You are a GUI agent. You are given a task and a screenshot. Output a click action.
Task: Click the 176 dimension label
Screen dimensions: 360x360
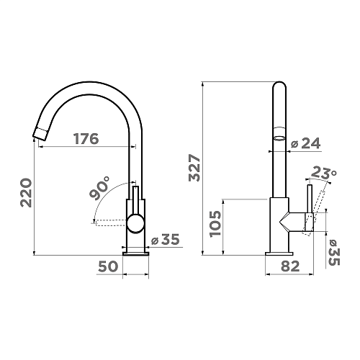(86, 139)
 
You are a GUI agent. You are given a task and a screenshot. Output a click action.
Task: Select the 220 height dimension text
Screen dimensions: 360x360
(26, 192)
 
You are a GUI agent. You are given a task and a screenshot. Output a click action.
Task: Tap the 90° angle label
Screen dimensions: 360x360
(99, 188)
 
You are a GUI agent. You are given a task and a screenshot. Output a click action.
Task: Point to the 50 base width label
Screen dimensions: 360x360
(108, 266)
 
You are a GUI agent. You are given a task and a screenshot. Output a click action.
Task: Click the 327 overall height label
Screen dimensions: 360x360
(194, 168)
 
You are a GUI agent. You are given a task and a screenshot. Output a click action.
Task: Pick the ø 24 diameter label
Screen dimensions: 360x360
(305, 143)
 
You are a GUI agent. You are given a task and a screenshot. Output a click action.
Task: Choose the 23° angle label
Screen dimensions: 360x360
(324, 173)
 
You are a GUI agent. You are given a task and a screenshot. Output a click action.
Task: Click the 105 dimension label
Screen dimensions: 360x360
(215, 224)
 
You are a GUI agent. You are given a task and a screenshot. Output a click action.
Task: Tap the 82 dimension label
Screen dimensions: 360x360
(290, 266)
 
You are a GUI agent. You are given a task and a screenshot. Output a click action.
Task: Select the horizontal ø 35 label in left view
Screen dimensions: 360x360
(166, 239)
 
